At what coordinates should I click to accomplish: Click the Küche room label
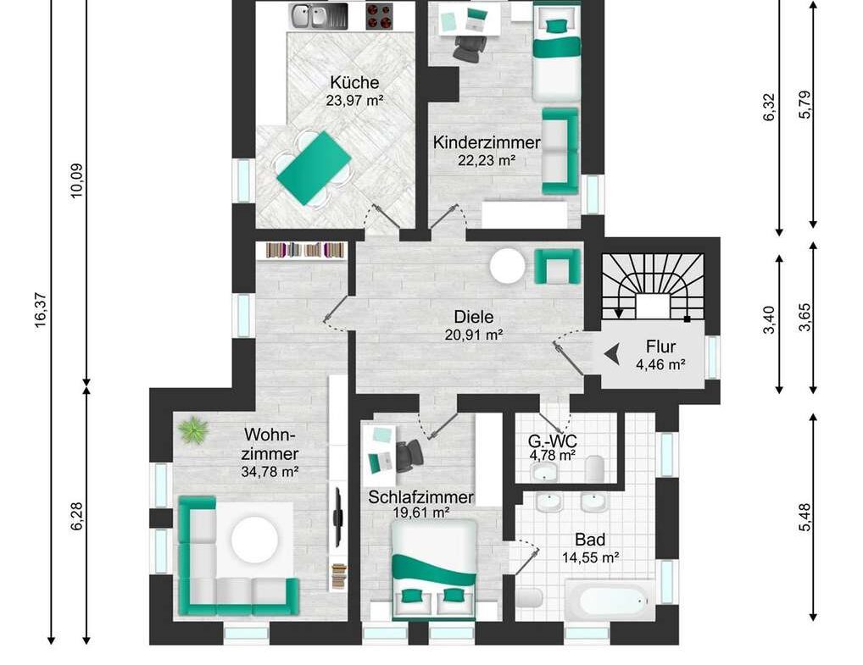click(x=354, y=82)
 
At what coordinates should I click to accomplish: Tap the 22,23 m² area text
click(x=487, y=161)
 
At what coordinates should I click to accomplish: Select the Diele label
click(x=473, y=317)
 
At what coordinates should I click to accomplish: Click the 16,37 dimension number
click(x=42, y=311)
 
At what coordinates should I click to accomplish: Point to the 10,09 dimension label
click(x=76, y=181)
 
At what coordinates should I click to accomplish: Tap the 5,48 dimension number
click(x=805, y=517)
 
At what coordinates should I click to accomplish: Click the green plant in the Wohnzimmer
click(x=193, y=429)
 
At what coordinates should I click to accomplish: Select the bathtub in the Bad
click(x=611, y=600)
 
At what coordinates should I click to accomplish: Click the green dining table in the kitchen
click(x=314, y=169)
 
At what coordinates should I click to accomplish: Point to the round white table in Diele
click(x=508, y=266)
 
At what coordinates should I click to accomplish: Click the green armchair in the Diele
click(x=557, y=266)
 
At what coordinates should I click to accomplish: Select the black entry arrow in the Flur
click(x=611, y=353)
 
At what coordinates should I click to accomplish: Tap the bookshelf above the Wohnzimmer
click(x=306, y=250)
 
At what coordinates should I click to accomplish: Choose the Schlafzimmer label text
click(x=420, y=497)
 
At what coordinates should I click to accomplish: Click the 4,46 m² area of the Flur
click(x=660, y=364)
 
